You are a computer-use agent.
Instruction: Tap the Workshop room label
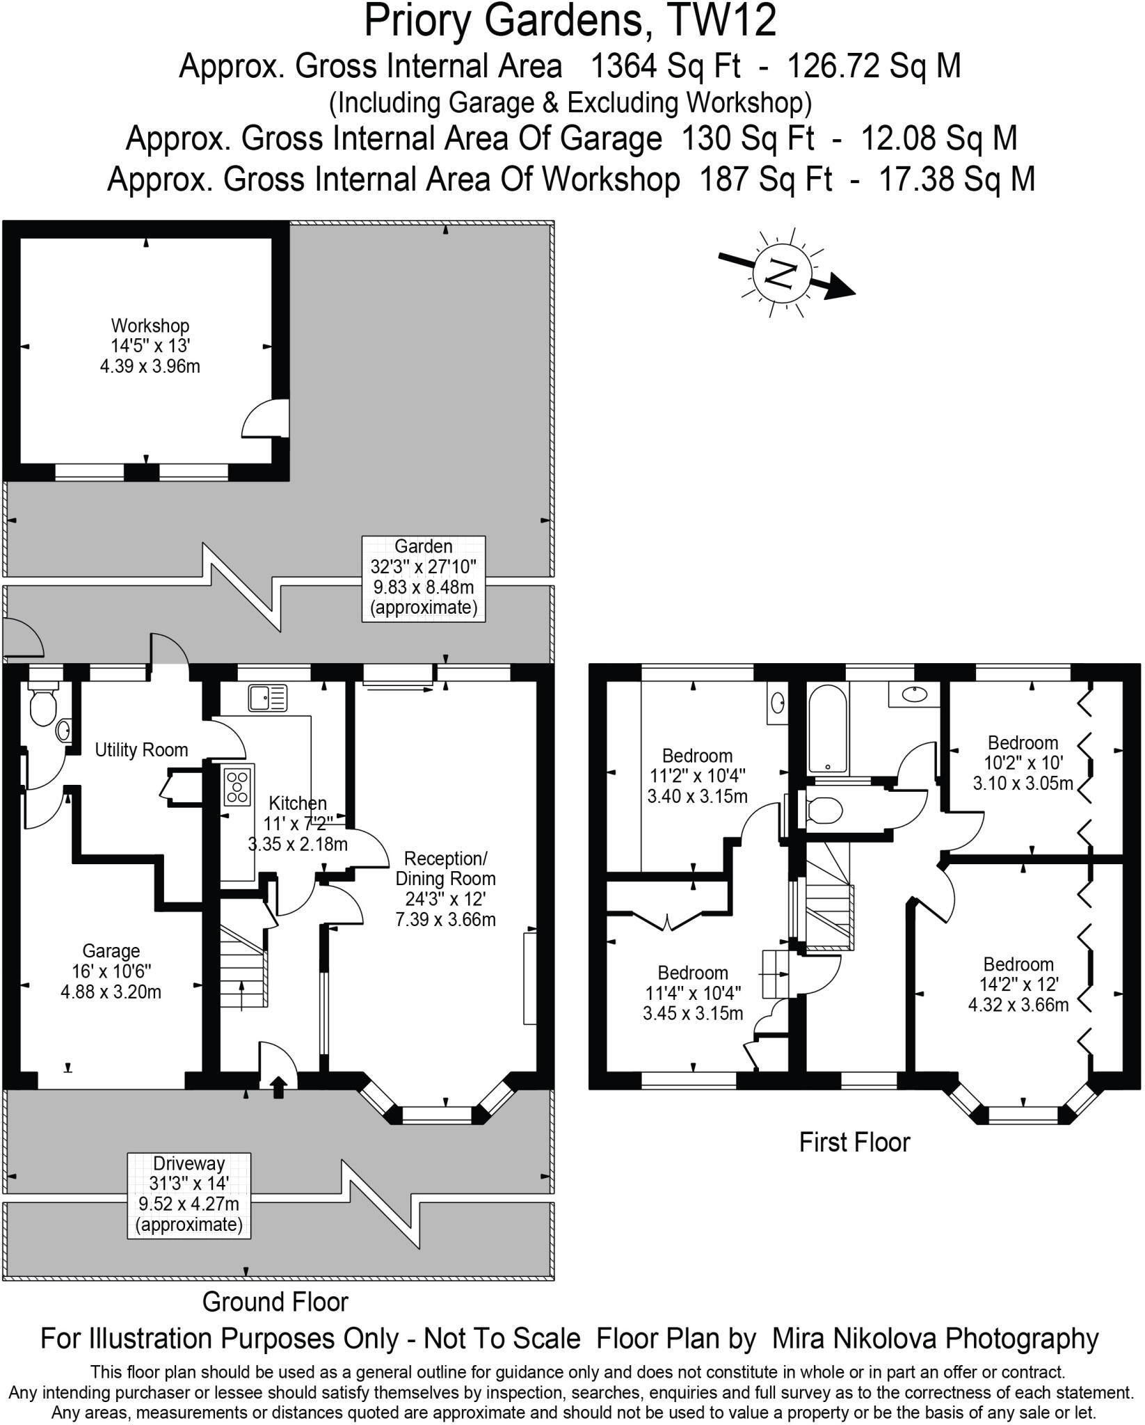[150, 345]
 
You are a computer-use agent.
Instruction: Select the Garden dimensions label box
[424, 578]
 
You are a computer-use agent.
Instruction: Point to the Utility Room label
[141, 750]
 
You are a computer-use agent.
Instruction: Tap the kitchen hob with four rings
[237, 786]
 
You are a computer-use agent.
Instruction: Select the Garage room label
[111, 971]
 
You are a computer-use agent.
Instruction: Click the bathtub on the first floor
[828, 726]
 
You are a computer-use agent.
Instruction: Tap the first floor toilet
[825, 809]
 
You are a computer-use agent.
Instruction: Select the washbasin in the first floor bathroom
[912, 694]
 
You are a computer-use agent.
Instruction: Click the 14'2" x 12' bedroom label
[1018, 984]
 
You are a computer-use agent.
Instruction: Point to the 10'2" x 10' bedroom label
[1023, 763]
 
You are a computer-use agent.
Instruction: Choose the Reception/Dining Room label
[446, 889]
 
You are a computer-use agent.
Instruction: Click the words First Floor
[854, 1143]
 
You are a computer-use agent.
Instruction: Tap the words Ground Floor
[275, 1302]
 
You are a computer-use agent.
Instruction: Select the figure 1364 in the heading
[623, 67]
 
